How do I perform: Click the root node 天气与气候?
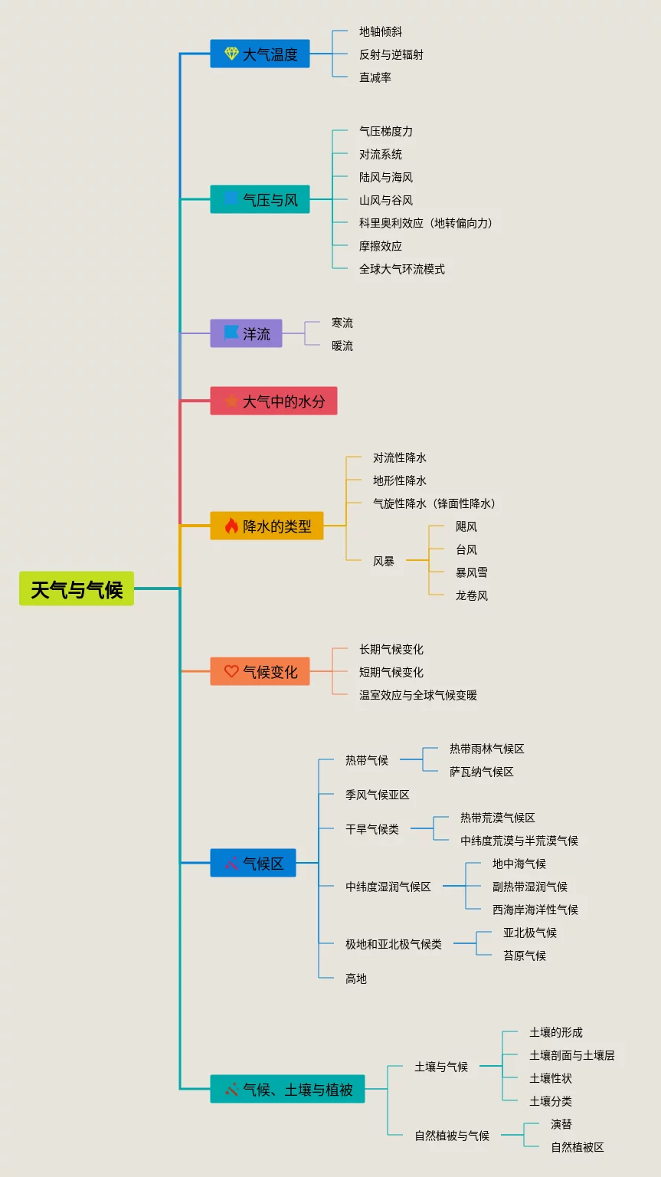click(x=77, y=588)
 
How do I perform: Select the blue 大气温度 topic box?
click(x=260, y=54)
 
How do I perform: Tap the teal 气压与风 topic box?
click(x=260, y=199)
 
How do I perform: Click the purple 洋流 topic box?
click(x=246, y=333)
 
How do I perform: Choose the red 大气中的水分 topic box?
click(x=273, y=401)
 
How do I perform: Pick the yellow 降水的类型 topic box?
click(x=267, y=526)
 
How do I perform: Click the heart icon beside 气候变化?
click(x=231, y=671)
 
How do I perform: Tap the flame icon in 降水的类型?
click(x=231, y=526)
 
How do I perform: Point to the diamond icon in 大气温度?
click(x=231, y=54)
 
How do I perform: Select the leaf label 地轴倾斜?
click(x=381, y=31)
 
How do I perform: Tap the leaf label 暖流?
click(x=342, y=346)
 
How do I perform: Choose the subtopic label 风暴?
click(x=384, y=561)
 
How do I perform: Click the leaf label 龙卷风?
click(x=472, y=595)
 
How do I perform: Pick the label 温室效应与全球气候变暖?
click(x=418, y=695)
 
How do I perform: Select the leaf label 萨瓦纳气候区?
click(x=482, y=772)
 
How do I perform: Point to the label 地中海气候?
click(x=519, y=864)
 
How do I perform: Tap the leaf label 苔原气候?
click(x=525, y=956)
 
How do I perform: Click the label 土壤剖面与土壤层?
click(x=572, y=1055)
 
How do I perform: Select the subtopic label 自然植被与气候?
click(x=452, y=1136)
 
